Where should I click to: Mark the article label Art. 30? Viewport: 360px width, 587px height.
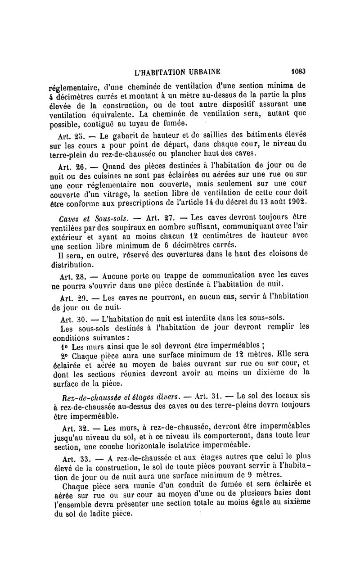click(72, 318)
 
